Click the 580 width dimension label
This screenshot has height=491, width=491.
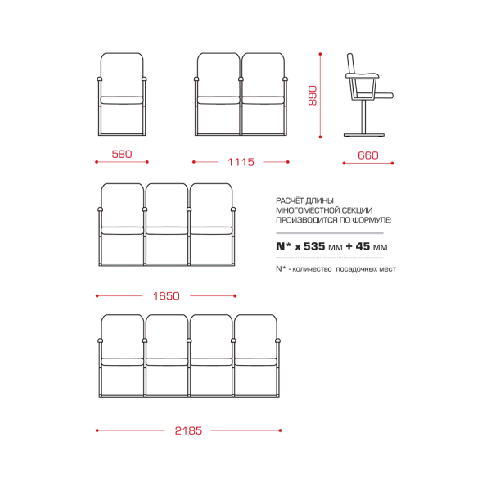(122, 154)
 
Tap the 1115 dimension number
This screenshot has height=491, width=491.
(241, 162)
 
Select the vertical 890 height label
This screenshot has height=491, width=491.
(313, 96)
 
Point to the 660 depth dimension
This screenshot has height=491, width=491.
(368, 155)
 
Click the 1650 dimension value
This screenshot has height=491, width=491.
(166, 296)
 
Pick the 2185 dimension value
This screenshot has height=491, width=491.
(188, 430)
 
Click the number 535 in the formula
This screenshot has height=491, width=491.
(314, 246)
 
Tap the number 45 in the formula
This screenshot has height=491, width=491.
(363, 246)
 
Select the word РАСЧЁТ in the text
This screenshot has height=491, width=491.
(290, 200)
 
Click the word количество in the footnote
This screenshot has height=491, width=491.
(312, 269)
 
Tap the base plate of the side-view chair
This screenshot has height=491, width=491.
(364, 135)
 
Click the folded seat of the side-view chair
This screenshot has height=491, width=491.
(384, 96)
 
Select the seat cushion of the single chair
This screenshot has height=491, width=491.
(122, 101)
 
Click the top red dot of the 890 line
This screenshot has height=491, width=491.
(320, 54)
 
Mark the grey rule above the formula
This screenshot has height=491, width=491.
(330, 233)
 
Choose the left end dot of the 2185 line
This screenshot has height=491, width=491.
(97, 430)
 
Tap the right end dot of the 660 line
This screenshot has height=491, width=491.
(392, 163)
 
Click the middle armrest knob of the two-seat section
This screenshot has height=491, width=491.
(241, 79)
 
